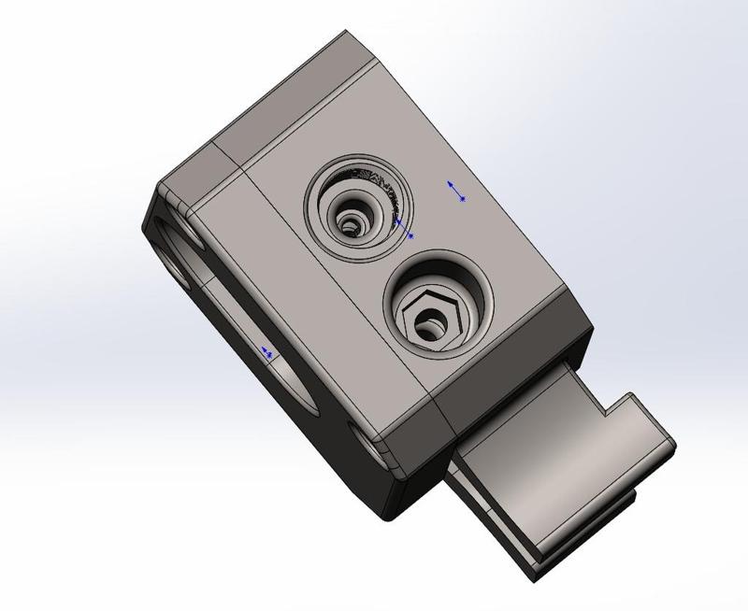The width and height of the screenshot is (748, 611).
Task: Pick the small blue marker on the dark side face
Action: [267, 352]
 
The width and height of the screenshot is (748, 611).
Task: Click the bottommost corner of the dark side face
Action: [387, 517]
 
